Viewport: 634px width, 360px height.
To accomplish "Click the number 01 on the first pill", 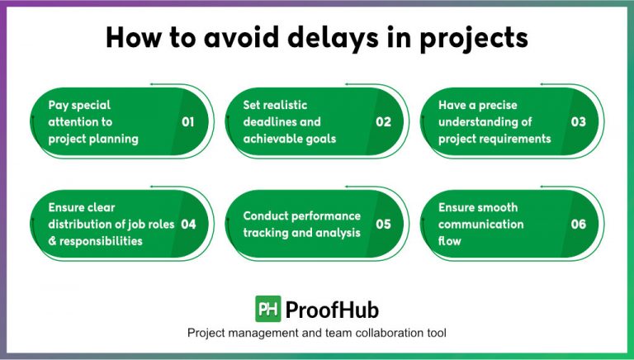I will (187, 122).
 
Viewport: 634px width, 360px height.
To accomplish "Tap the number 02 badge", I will (383, 122).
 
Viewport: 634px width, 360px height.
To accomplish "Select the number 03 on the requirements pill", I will (579, 122).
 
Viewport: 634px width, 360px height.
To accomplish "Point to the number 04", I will (187, 225).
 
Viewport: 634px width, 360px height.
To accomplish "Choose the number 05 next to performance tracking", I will (383, 225).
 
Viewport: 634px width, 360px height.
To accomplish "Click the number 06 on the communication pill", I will (579, 225).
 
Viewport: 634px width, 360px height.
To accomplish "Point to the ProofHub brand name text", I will (331, 310).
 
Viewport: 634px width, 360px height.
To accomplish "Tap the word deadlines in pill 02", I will (269, 122).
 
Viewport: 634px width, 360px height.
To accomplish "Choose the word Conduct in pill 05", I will (267, 216).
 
